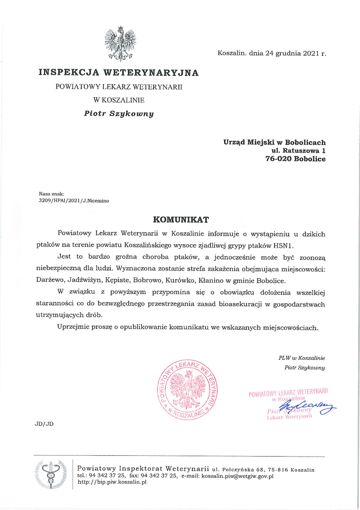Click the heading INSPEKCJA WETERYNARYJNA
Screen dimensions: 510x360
click(x=118, y=73)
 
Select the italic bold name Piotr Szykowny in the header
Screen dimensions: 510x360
click(x=119, y=113)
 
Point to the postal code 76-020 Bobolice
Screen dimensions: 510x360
click(x=295, y=159)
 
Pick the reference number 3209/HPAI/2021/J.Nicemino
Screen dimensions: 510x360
click(x=74, y=200)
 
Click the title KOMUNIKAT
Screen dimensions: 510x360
click(x=181, y=220)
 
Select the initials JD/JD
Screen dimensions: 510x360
click(x=44, y=424)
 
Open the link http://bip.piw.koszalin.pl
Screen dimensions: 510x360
click(x=112, y=482)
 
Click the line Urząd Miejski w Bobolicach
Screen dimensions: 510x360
click(x=274, y=142)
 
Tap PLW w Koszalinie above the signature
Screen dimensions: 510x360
click(x=301, y=358)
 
